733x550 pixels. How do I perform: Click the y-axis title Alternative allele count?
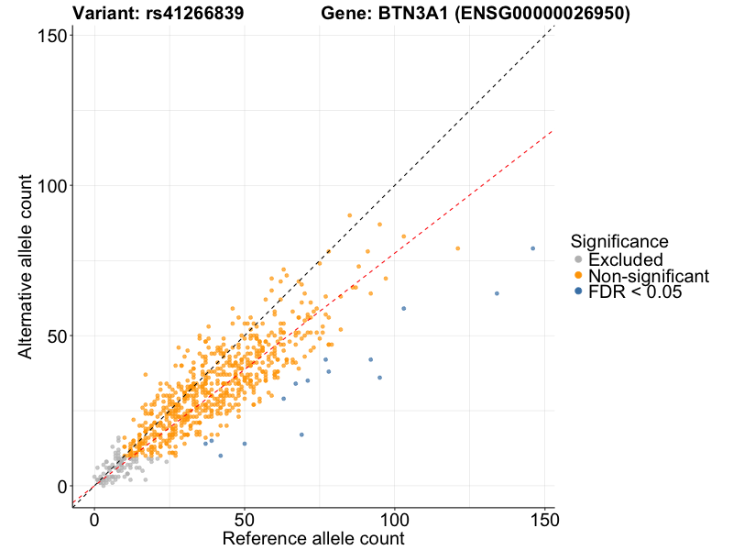[x=27, y=264]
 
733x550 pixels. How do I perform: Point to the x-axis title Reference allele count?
[x=313, y=537]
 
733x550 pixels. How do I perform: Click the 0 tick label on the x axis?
[x=93, y=519]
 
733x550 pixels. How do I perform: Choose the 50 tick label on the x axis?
[x=244, y=519]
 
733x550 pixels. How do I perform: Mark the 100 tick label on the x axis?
[x=394, y=519]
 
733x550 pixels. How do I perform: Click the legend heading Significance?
[x=618, y=241]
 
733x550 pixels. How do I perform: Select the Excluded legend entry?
[x=625, y=260]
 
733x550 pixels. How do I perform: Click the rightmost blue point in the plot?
[x=532, y=248]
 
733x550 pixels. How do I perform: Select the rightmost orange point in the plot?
[x=457, y=248]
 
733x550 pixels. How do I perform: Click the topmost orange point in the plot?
[x=349, y=215]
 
